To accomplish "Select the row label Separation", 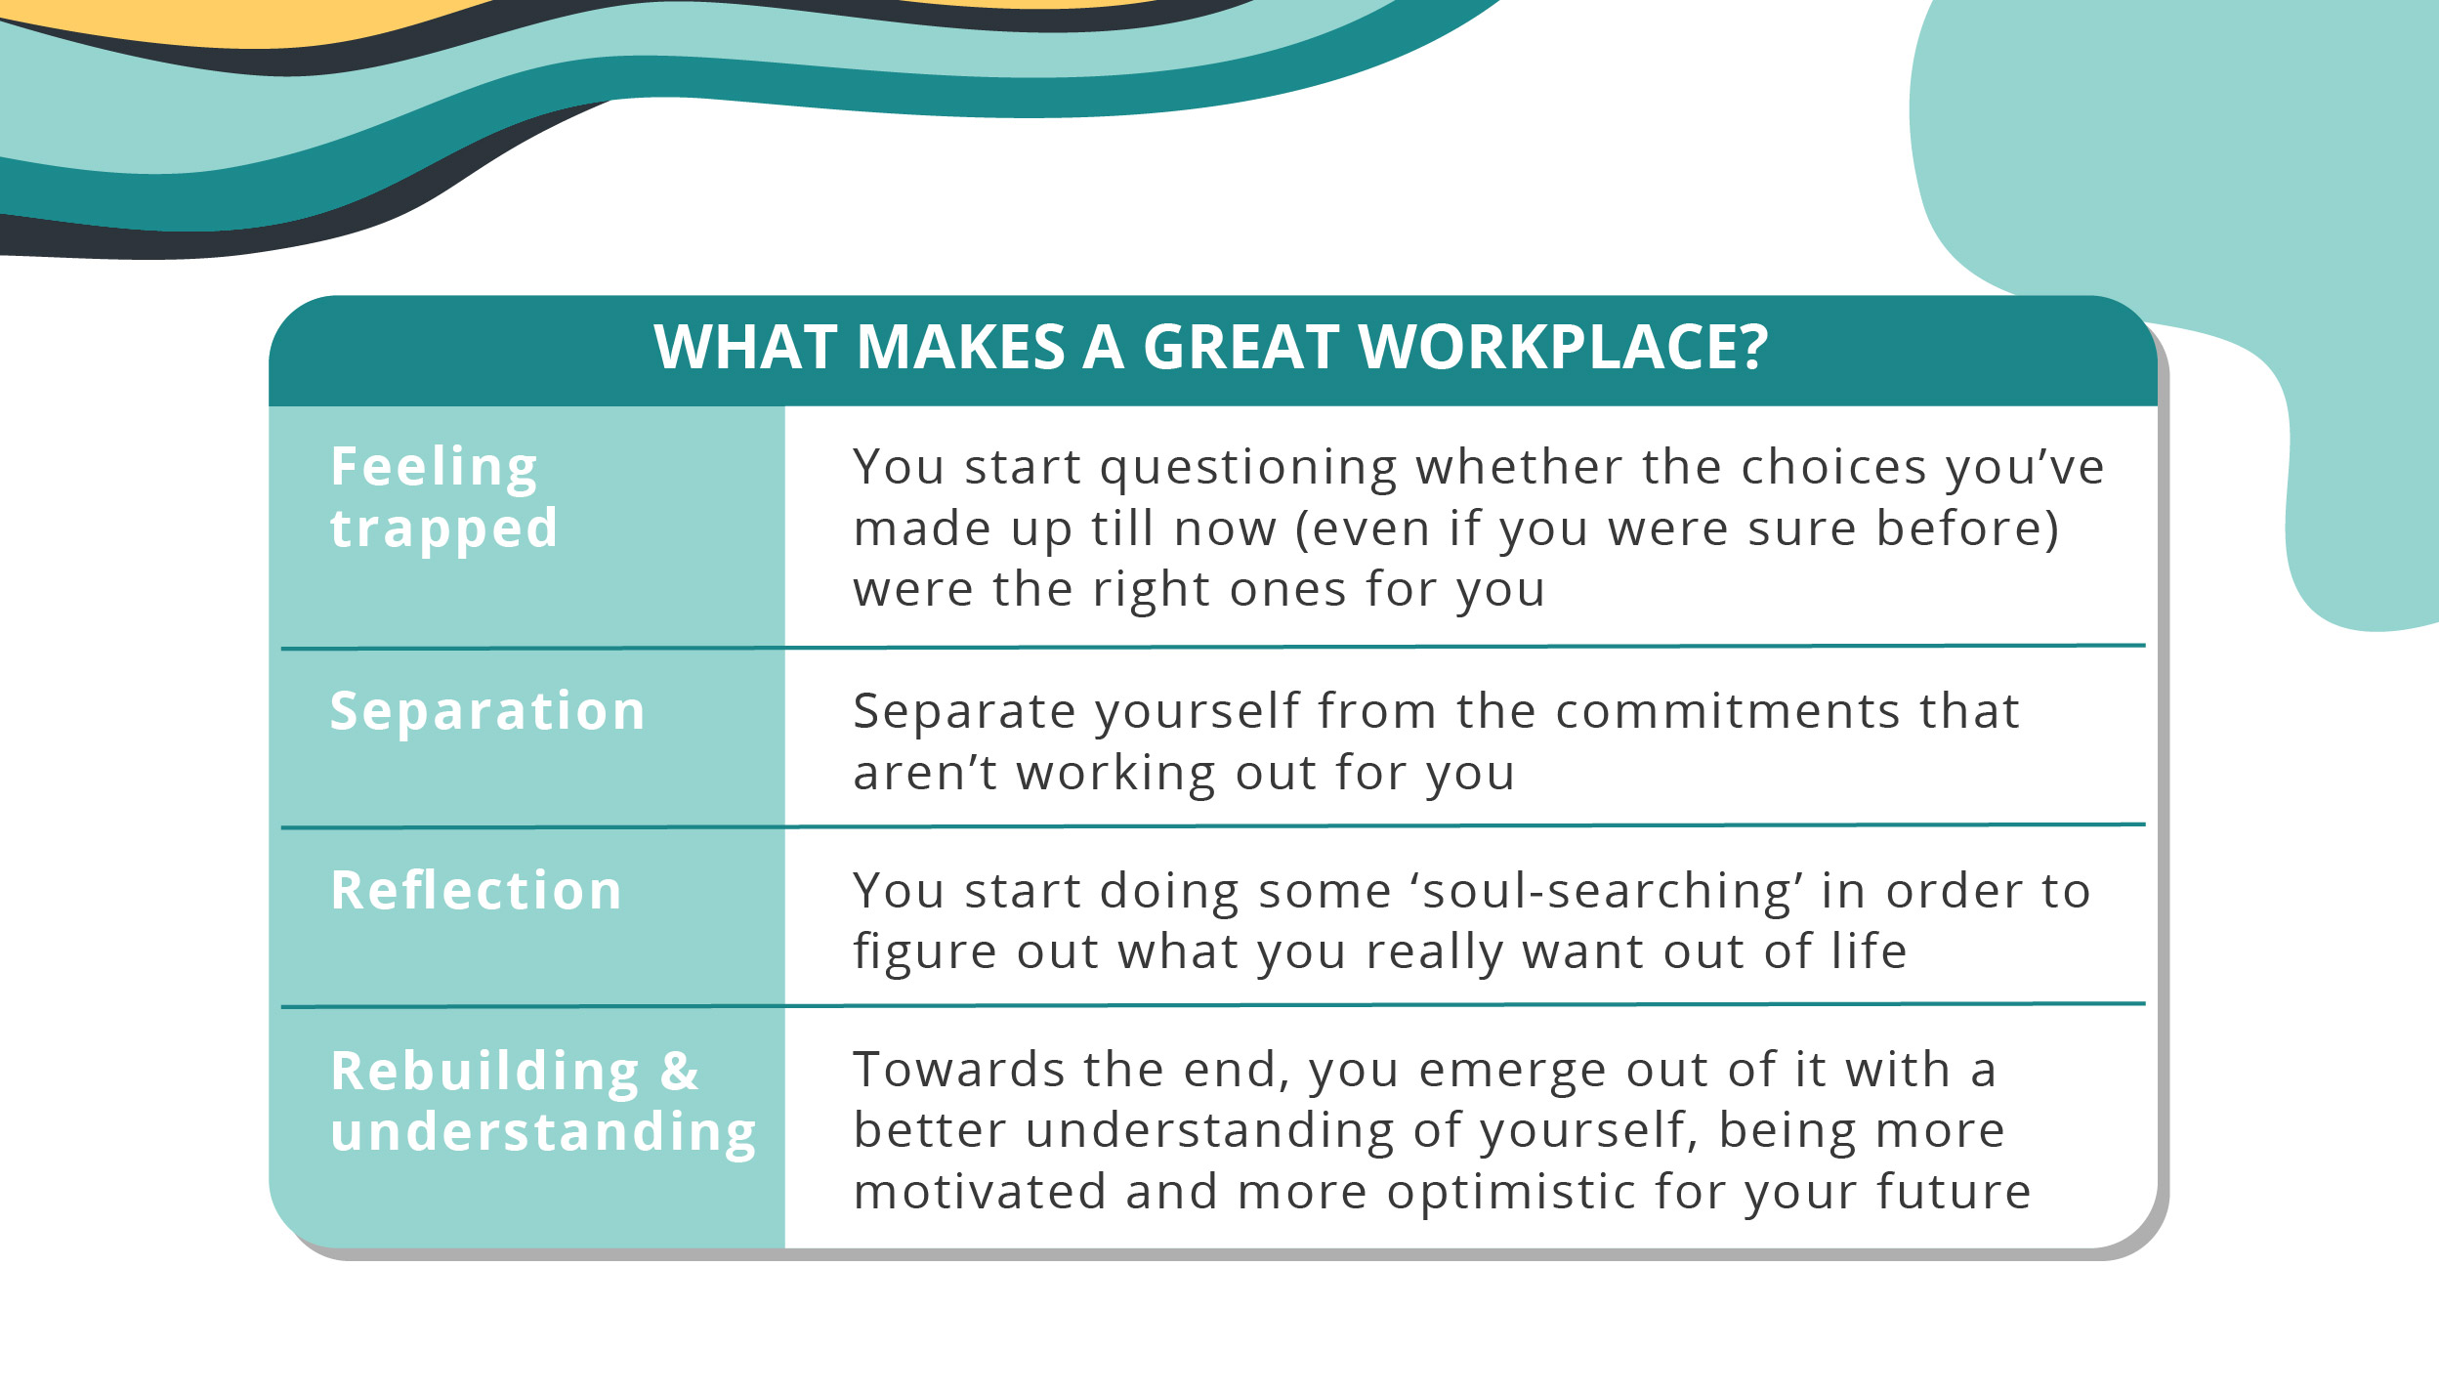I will (487, 710).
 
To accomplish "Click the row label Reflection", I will (476, 890).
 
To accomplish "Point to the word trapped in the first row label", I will (443, 530).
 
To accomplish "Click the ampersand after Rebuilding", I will (680, 1071).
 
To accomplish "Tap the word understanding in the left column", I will (543, 1133).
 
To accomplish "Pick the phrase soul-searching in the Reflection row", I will (1606, 891).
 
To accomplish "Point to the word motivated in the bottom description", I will (980, 1192).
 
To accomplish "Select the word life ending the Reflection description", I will (1869, 950).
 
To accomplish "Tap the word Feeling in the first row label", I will (434, 467).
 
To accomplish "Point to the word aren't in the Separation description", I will (924, 773).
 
